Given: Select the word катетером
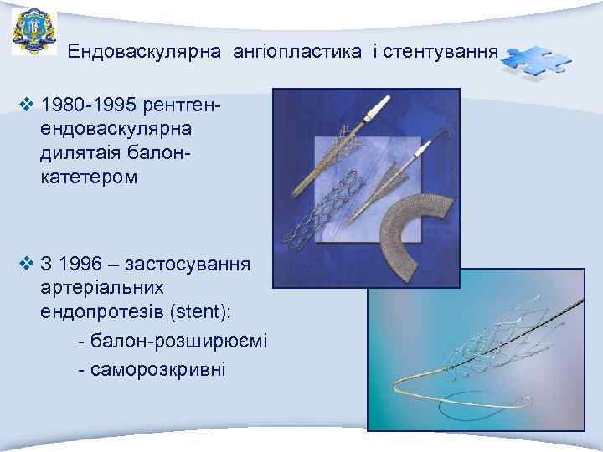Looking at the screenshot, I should [85, 177].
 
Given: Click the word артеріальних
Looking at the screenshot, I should [97, 288].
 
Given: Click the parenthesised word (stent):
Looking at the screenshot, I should [204, 311].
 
